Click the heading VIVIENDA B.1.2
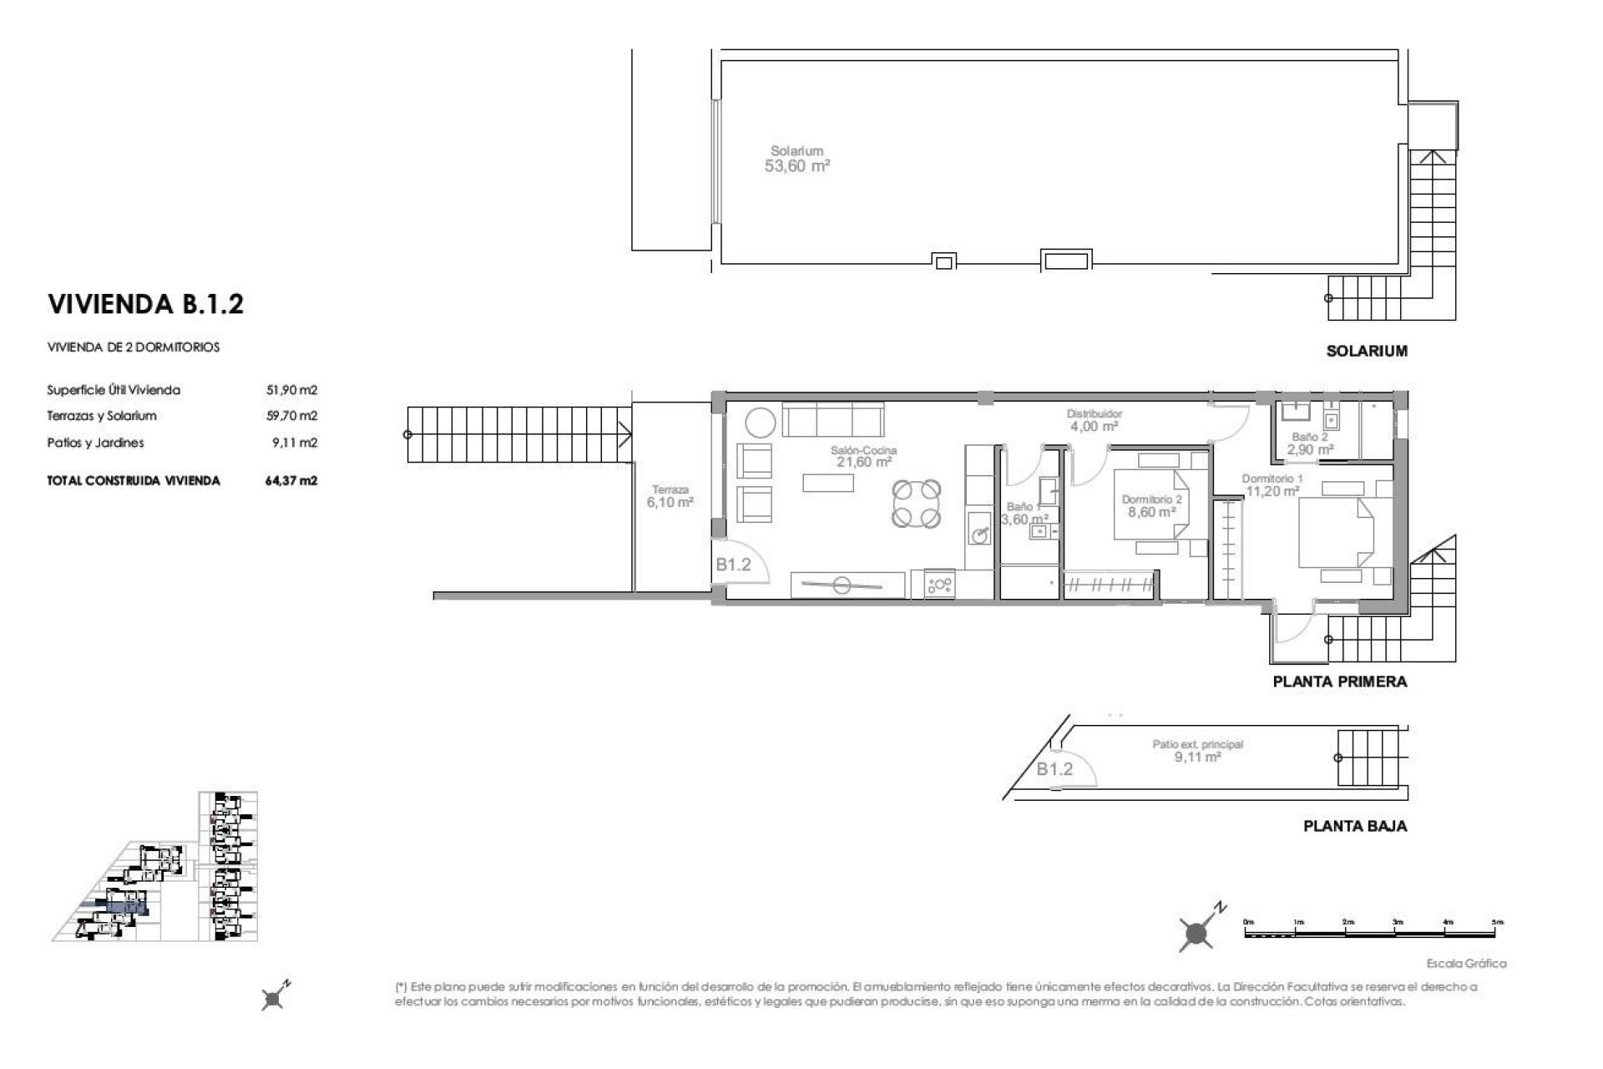(x=146, y=304)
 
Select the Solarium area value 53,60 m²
(x=796, y=166)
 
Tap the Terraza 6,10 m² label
(x=670, y=497)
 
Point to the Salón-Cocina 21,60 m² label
(x=863, y=456)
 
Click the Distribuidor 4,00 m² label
(x=1094, y=420)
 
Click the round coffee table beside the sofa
(x=760, y=422)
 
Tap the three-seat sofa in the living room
(x=832, y=418)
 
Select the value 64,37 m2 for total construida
(x=291, y=481)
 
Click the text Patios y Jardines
(x=95, y=443)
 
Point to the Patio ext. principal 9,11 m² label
(x=1198, y=751)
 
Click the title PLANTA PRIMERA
(x=1339, y=681)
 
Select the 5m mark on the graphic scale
(x=1498, y=921)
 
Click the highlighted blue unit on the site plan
(x=125, y=907)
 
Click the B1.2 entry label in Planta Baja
(x=1054, y=769)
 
